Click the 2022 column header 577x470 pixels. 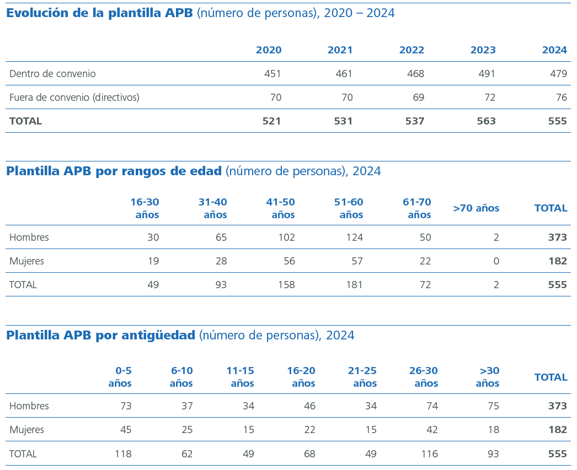412,50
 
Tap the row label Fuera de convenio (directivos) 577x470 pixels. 74,98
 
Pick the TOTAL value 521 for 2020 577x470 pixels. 272,121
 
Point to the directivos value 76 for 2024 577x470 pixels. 562,98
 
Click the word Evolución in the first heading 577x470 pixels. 38,13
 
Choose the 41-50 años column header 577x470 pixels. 280,208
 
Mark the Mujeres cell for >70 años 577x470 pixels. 496,261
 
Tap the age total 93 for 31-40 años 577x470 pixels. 221,285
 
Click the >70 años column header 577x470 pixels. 476,208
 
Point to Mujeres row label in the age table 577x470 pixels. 26,261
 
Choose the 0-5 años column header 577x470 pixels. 120,377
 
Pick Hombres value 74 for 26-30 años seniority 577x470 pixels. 432,406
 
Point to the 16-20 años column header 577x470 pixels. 301,377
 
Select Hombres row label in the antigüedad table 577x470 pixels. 29,406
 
